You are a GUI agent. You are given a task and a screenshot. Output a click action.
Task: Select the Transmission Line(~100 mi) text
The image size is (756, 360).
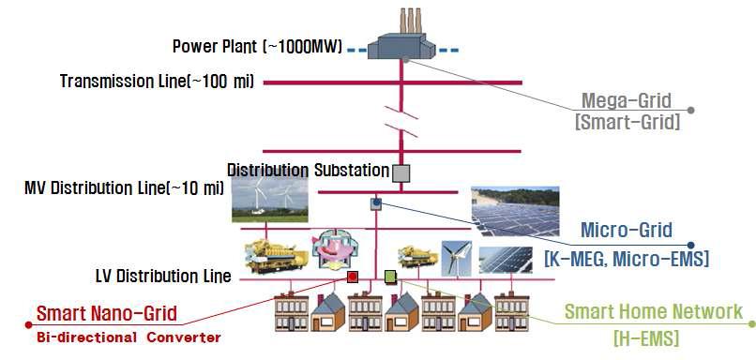157,82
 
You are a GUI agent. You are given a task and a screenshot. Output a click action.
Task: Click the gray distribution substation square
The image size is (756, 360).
401,172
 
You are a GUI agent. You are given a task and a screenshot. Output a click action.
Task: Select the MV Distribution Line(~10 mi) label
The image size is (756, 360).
124,188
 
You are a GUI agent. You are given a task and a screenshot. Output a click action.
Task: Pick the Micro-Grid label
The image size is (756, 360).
624,231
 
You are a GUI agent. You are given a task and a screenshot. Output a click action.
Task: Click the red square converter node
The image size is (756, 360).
352,277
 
